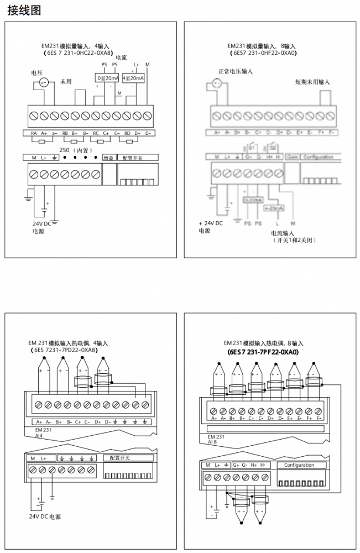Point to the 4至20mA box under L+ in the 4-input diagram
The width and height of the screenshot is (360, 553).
coord(133,79)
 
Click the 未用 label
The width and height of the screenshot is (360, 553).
coord(66,81)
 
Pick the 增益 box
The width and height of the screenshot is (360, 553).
coord(109,158)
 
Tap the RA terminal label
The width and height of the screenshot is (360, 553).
coord(34,133)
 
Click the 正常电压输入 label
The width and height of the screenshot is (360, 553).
coord(236,71)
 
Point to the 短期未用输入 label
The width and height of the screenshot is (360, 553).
coord(312,82)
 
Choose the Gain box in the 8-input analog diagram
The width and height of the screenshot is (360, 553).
coord(292,157)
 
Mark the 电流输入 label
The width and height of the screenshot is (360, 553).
coord(283,233)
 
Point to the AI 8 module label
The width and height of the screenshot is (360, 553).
coord(212,442)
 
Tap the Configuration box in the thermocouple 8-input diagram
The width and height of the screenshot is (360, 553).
coord(299,465)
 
